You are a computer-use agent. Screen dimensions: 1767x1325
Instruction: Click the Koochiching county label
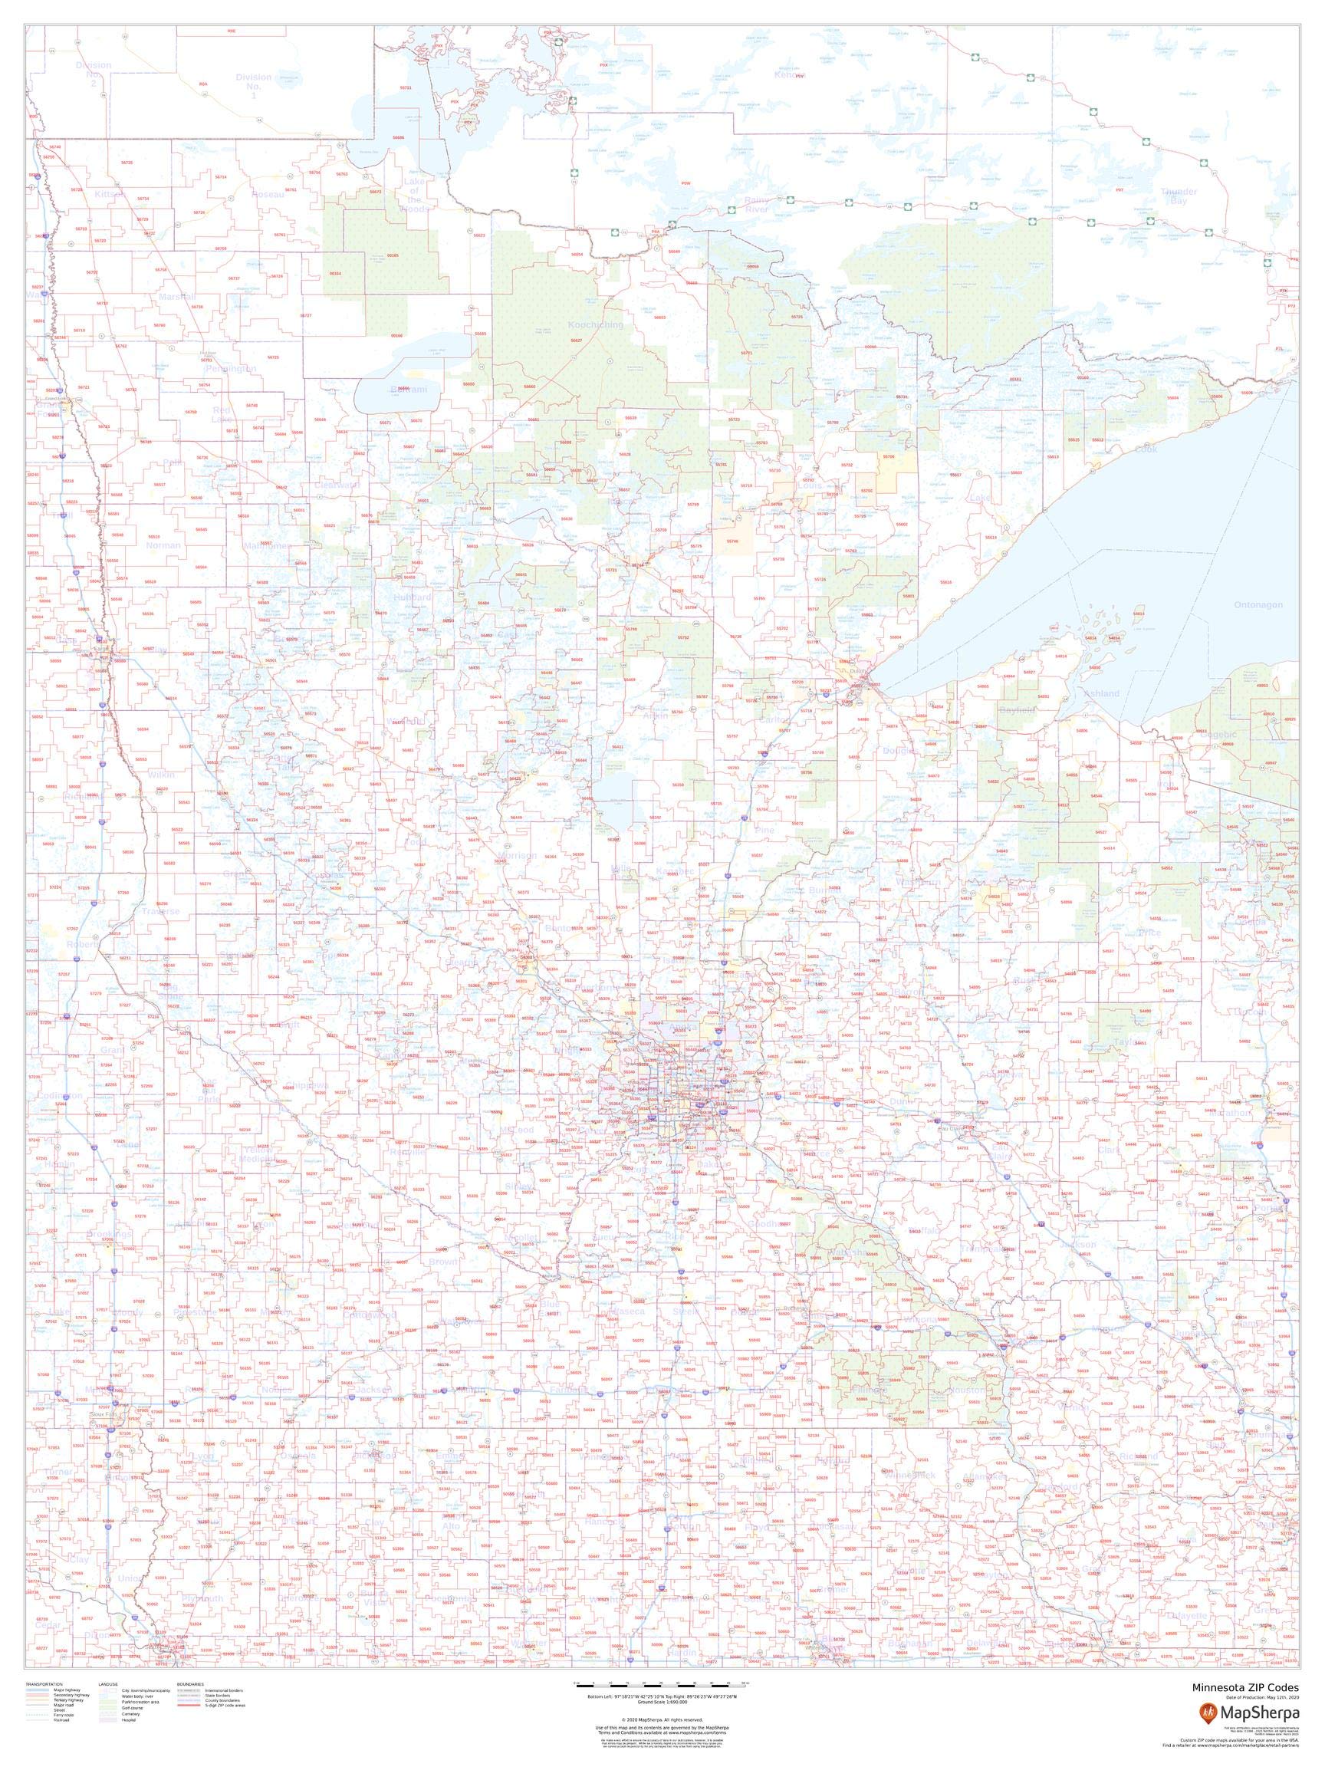click(x=595, y=325)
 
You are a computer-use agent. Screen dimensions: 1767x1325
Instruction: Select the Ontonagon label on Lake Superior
click(x=1258, y=604)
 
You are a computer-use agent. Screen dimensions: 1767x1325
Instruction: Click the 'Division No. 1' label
click(x=253, y=86)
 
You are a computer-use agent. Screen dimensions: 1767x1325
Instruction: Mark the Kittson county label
click(x=110, y=194)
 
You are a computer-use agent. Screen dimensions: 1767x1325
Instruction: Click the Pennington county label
click(x=230, y=369)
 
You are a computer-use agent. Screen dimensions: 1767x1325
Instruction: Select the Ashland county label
click(x=1101, y=693)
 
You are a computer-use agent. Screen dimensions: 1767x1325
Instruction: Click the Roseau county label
click(x=268, y=194)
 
